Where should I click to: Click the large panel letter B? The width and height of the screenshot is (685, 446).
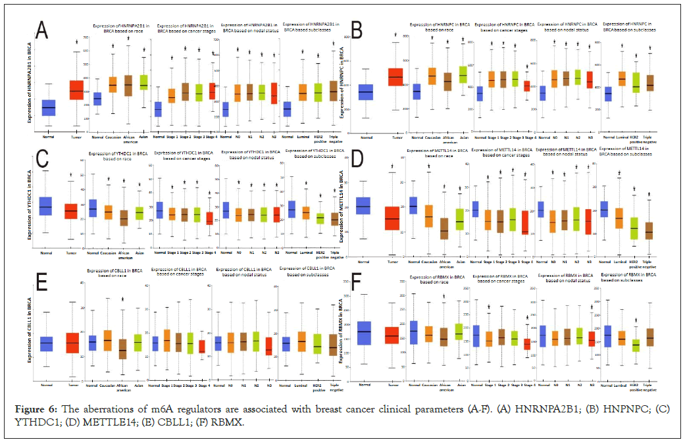pos(359,30)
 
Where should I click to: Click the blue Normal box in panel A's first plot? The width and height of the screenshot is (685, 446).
pos(48,107)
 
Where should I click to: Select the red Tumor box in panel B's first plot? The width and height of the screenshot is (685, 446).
pos(395,78)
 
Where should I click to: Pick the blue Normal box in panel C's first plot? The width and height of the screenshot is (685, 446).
pos(45,207)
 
